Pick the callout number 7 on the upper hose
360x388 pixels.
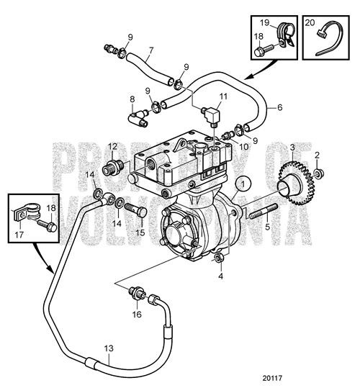(x=150, y=51)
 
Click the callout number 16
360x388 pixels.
(x=136, y=314)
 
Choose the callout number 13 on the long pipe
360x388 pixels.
(x=107, y=348)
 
